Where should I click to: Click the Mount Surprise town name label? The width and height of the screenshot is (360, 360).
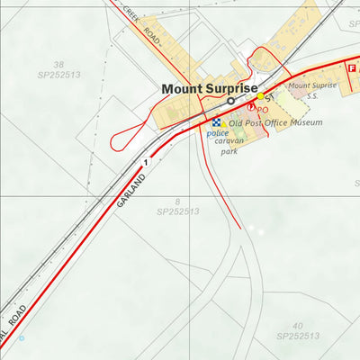point(209,88)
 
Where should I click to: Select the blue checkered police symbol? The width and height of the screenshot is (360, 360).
point(216,122)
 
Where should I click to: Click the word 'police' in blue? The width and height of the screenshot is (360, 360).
point(218,133)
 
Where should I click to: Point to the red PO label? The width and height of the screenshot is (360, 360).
point(263,110)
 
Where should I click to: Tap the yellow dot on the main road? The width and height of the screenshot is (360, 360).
point(261,95)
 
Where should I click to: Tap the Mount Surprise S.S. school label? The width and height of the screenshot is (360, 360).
point(311,89)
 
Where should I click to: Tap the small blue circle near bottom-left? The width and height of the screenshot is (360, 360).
point(22,337)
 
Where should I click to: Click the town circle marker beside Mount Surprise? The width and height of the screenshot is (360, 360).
point(230,102)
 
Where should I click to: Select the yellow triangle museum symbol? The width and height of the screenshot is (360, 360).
point(224,123)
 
